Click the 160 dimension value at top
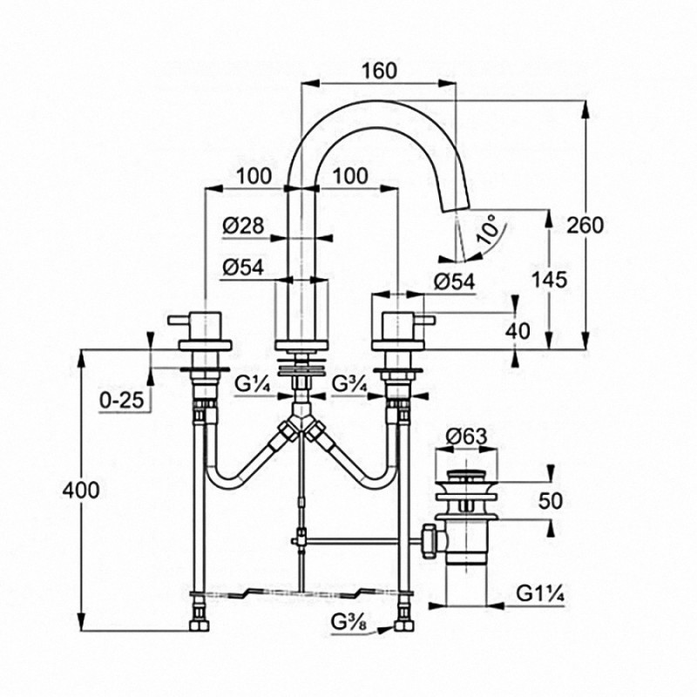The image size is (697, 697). point(379,71)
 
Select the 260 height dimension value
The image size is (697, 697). point(585,226)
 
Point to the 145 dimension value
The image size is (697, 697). point(550,280)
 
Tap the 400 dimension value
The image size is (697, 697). point(80,491)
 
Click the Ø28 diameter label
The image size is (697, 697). point(243,226)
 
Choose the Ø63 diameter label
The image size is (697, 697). point(466,436)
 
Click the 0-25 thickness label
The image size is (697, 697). point(122,401)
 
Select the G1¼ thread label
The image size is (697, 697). point(540,593)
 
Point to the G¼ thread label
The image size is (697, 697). point(253,385)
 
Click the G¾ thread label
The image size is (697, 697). point(350,385)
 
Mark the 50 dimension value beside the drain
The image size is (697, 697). point(551,501)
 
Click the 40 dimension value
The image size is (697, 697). point(518,331)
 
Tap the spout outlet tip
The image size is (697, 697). point(457,209)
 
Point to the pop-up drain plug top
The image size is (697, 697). point(466,475)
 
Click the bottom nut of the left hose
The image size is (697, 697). point(200,626)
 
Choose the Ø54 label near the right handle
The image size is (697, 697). point(454,281)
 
